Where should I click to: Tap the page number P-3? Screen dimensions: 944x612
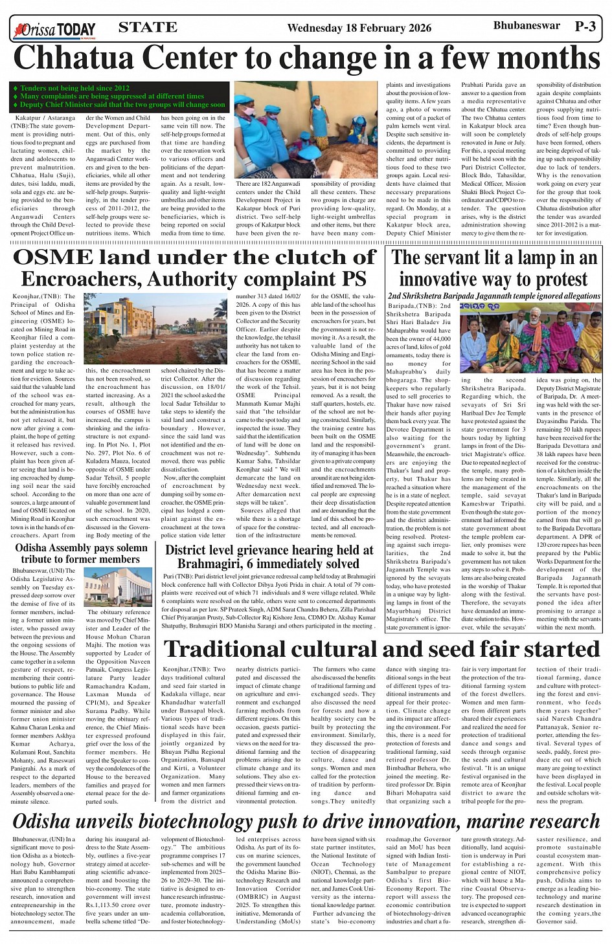(587, 27)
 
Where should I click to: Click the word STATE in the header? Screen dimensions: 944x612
(148, 27)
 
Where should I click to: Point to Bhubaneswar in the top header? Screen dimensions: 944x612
(517, 26)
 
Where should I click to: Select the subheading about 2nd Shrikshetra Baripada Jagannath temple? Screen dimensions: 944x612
(493, 296)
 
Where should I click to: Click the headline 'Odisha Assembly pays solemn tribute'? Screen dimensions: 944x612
(81, 554)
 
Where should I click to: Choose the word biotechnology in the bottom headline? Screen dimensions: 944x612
(199, 822)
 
